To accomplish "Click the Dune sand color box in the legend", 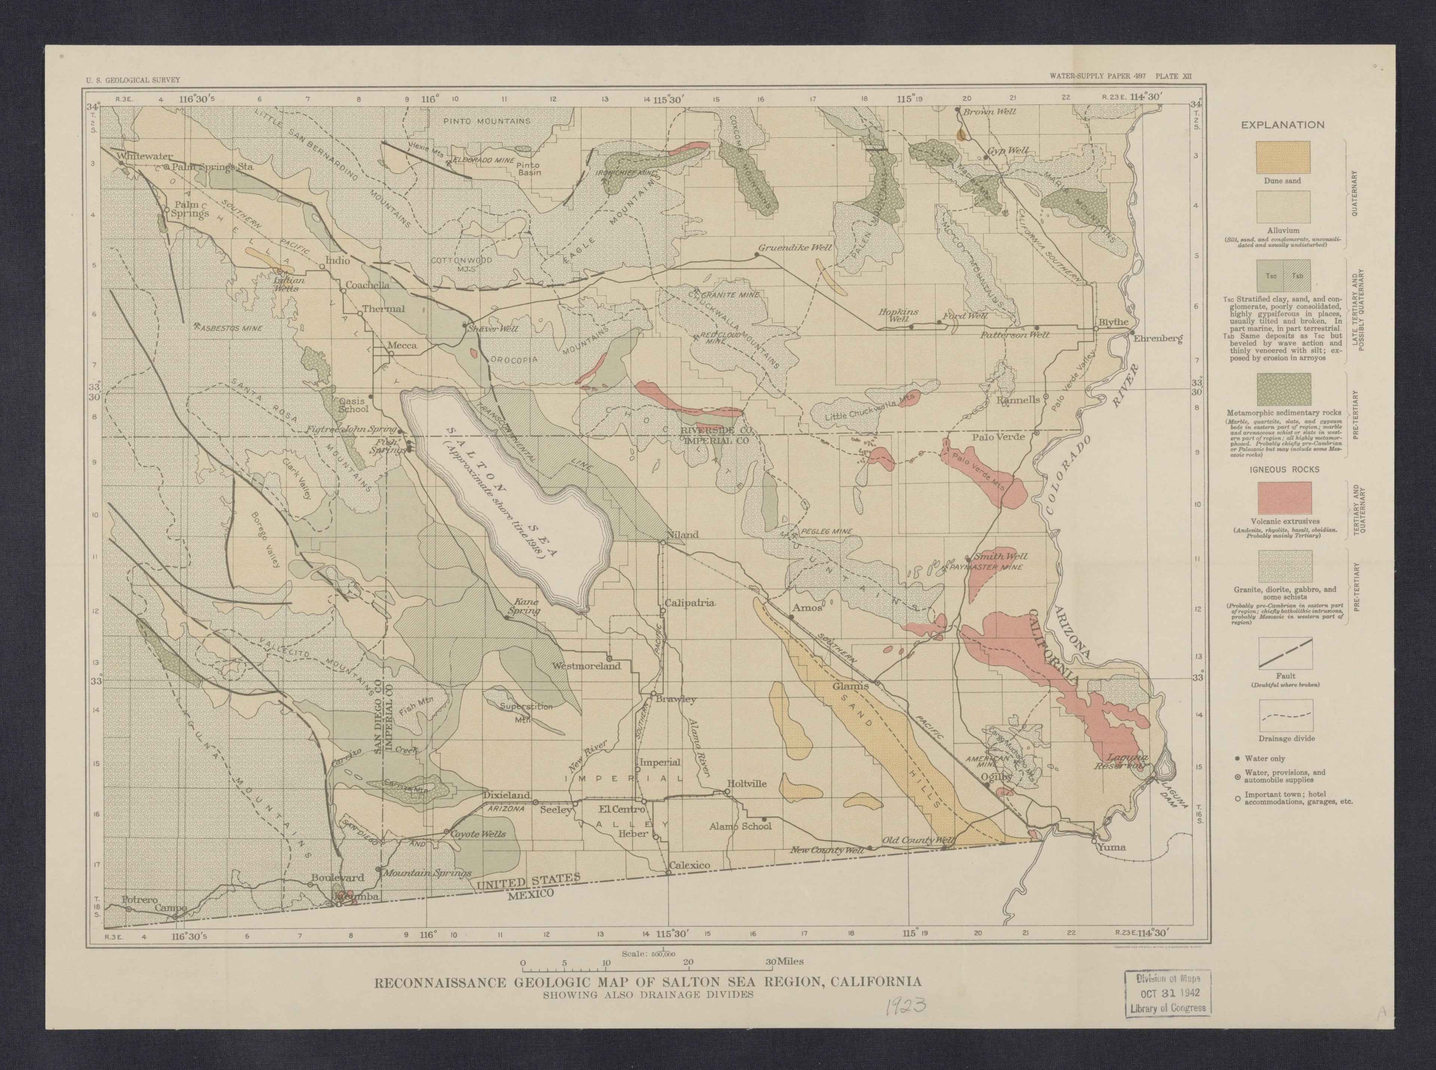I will (x=1282, y=157).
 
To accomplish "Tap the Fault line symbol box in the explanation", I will (x=1285, y=653).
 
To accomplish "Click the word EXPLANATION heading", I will (x=1282, y=125).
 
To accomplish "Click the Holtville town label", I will (x=747, y=783).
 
